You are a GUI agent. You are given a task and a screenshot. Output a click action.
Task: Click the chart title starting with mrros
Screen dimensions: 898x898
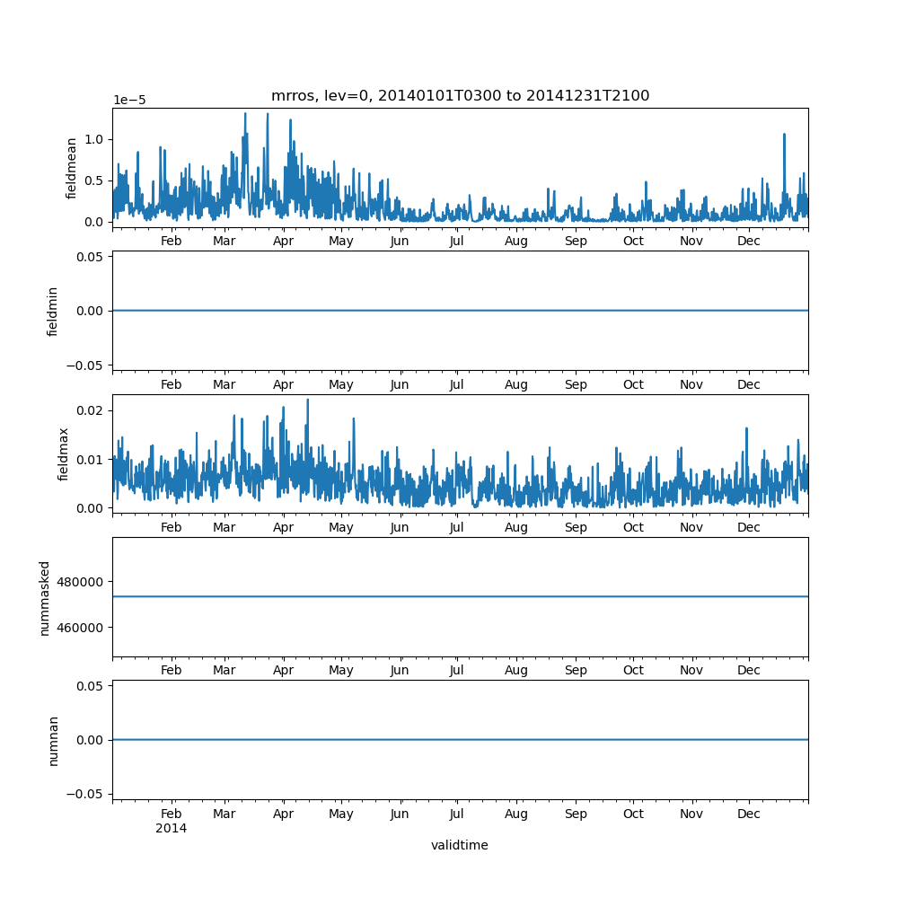[x=460, y=96]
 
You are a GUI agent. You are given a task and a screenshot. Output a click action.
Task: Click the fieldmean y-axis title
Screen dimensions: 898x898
[x=72, y=168]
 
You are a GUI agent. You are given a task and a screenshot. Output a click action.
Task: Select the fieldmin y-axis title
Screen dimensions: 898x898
[x=53, y=312]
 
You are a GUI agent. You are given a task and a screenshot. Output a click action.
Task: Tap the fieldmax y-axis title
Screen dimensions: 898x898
[x=64, y=453]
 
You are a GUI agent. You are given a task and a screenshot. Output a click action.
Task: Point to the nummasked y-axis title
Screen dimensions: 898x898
[x=45, y=598]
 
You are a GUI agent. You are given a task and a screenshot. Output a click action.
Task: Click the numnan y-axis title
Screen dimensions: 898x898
[x=53, y=740]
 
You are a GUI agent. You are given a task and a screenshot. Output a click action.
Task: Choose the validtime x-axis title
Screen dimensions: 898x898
[x=459, y=845]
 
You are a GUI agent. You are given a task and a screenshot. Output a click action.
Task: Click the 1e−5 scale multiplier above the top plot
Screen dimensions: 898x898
[x=129, y=101]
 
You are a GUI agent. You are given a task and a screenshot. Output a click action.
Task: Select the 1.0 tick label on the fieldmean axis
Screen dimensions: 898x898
[x=92, y=139]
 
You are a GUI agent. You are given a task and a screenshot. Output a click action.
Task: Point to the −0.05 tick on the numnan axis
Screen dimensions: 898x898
[x=86, y=794]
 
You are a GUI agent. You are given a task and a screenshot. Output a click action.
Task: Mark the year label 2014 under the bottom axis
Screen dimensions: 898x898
[x=171, y=828]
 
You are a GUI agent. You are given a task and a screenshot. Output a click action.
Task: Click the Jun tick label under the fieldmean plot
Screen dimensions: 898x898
[x=400, y=241]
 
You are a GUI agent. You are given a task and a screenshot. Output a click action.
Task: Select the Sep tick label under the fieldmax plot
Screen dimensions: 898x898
[x=576, y=528]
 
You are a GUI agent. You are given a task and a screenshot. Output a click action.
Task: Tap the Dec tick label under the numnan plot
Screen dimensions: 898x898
[x=748, y=814]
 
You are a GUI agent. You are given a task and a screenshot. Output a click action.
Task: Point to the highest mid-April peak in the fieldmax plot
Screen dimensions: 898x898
[x=307, y=401]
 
